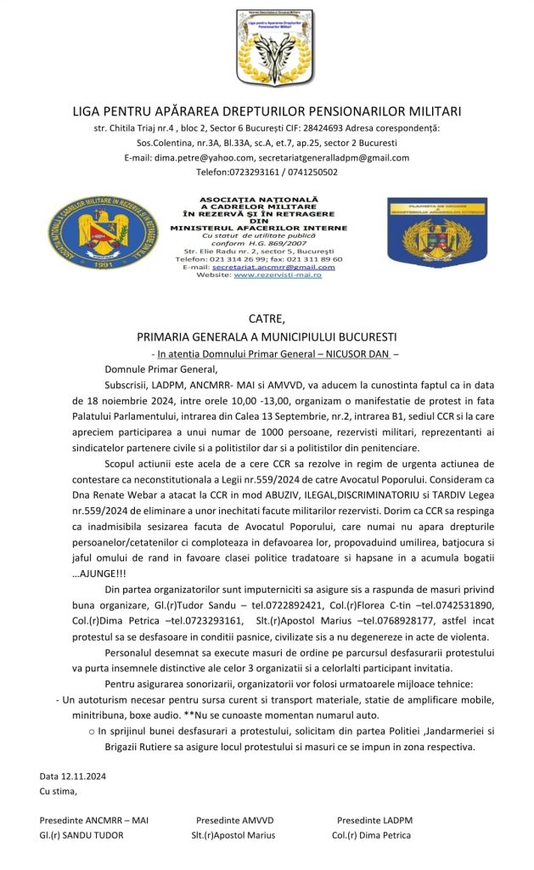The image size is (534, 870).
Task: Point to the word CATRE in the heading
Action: [x=267, y=319]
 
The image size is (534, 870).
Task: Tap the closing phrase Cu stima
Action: [x=59, y=792]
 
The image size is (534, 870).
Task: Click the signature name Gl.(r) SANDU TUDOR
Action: [x=82, y=835]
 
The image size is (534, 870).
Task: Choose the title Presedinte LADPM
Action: [x=374, y=820]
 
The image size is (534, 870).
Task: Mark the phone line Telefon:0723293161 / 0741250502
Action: [x=267, y=172]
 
